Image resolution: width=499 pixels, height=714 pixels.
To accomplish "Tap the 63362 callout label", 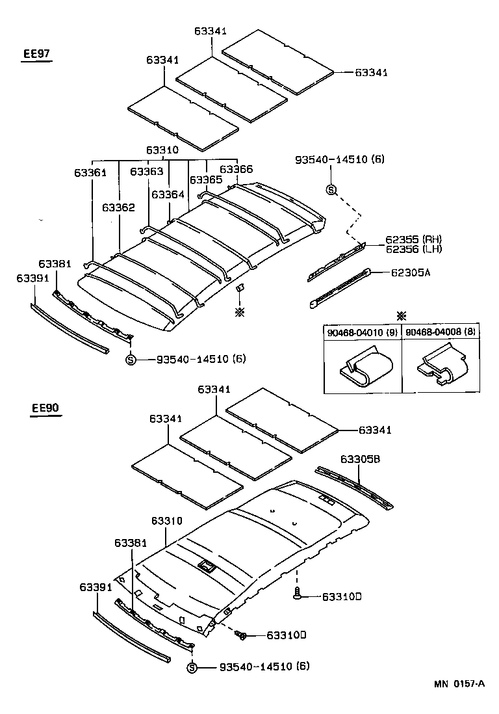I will pyautogui.click(x=118, y=207).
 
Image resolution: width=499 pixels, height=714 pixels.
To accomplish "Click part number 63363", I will pyautogui.click(x=147, y=172).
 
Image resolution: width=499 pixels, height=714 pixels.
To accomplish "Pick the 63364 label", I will pyautogui.click(x=168, y=194).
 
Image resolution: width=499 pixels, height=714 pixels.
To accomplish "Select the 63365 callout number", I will pyautogui.click(x=206, y=179).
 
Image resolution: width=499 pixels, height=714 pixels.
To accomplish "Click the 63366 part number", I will pyautogui.click(x=237, y=169).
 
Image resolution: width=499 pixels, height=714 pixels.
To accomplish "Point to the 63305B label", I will pyautogui.click(x=362, y=459).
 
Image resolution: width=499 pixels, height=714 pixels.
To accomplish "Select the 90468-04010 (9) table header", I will pyautogui.click(x=362, y=333).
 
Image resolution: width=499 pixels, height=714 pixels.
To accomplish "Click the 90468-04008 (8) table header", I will pyautogui.click(x=441, y=333).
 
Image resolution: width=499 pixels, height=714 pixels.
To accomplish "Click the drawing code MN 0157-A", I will pyautogui.click(x=459, y=683).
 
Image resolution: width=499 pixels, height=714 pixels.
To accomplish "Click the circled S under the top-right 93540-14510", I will pyautogui.click(x=331, y=190).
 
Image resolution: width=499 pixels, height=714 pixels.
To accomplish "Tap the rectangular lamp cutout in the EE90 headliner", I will pyautogui.click(x=207, y=565).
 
